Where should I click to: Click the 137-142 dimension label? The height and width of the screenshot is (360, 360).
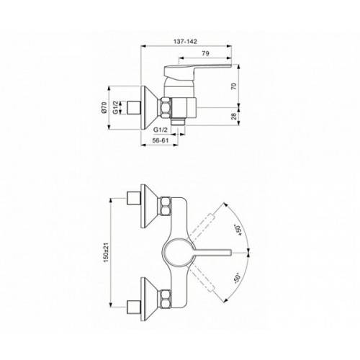(x=185, y=42)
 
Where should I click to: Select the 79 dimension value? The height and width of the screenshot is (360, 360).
(x=205, y=53)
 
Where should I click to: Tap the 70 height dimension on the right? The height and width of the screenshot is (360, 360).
(x=233, y=86)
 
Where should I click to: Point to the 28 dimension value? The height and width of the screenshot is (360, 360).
(x=233, y=116)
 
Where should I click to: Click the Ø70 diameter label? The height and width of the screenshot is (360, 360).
(x=104, y=107)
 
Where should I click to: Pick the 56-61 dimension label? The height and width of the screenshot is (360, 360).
(x=160, y=140)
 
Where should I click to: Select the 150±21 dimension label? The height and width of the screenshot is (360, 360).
(x=107, y=252)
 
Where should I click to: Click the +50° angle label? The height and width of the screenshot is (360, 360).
(x=238, y=230)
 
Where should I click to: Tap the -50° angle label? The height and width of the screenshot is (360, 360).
(x=238, y=279)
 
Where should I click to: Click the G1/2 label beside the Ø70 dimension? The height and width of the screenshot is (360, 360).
(x=115, y=107)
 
